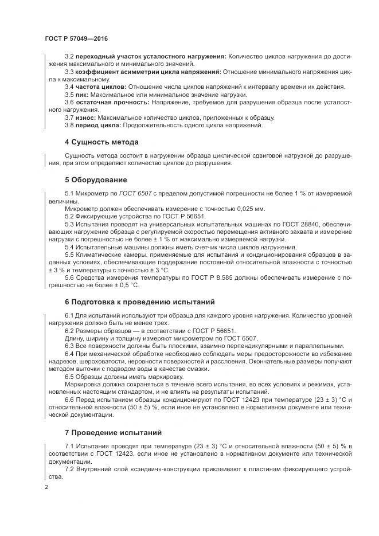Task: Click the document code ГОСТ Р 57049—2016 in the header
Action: pos(76,38)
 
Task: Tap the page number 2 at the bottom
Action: pos(46,487)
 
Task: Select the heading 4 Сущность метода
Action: pos(101,142)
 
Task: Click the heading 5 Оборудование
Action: pos(96,179)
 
